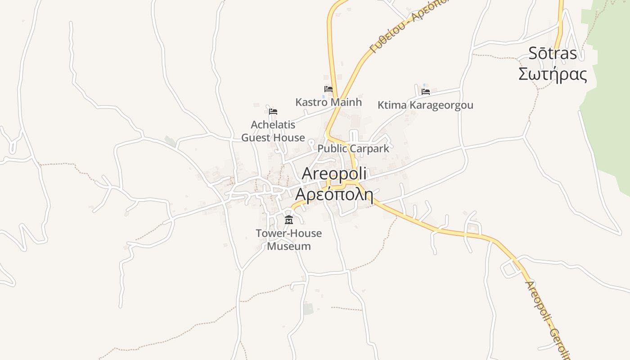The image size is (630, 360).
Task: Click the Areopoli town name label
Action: tap(334, 174)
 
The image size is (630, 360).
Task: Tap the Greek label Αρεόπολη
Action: tap(334, 194)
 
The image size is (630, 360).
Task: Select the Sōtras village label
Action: tap(552, 54)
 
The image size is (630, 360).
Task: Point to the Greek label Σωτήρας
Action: tap(553, 74)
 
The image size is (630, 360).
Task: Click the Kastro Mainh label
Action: tap(328, 102)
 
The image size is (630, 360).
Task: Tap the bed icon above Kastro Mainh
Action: tap(328, 89)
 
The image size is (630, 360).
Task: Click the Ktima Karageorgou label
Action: tap(425, 105)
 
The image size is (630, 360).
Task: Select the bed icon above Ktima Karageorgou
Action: tap(426, 92)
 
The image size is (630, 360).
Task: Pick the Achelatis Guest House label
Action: tap(273, 131)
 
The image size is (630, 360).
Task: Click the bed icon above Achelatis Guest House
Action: tap(273, 112)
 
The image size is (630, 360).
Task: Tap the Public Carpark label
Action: tap(353, 148)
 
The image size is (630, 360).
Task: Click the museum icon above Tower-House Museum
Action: tap(289, 220)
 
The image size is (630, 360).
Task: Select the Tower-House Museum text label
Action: tap(289, 240)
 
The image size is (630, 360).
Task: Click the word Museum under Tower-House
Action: tap(289, 246)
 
